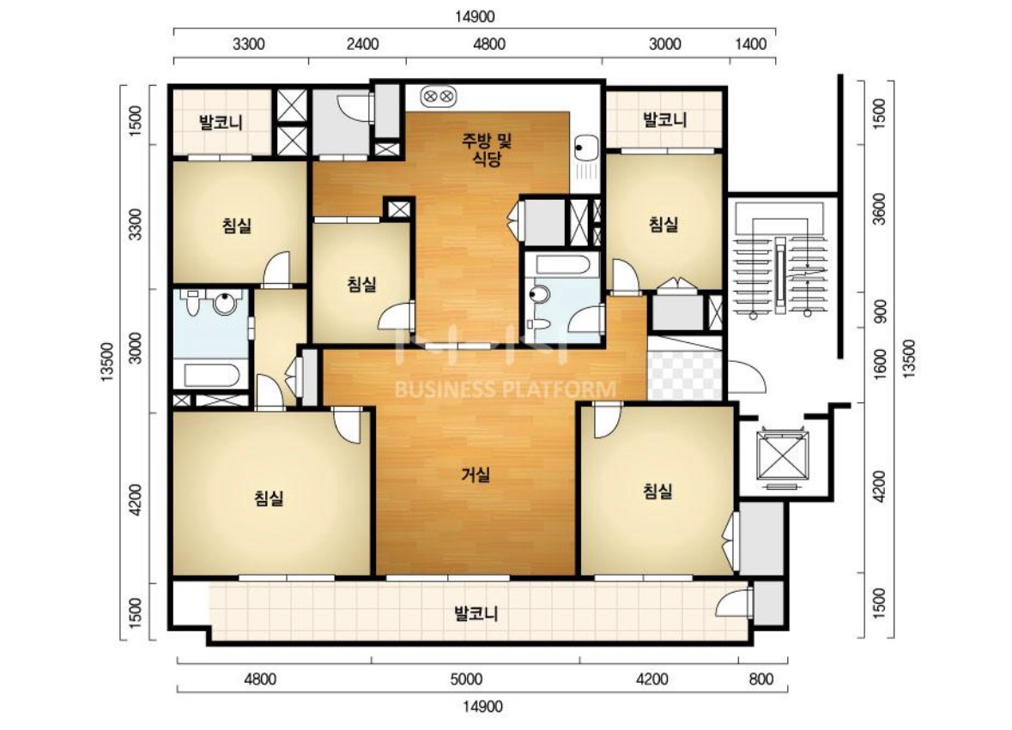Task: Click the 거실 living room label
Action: tap(476, 475)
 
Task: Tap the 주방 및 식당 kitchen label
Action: tap(487, 149)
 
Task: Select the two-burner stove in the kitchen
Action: tap(439, 98)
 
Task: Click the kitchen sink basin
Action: tap(585, 148)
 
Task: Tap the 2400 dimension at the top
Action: tap(362, 45)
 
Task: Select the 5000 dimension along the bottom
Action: tap(466, 679)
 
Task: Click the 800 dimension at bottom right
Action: tap(761, 679)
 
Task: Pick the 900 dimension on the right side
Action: tap(879, 311)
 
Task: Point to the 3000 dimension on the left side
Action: tap(135, 348)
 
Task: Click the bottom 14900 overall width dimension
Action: tap(482, 707)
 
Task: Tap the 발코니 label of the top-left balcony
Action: tap(221, 122)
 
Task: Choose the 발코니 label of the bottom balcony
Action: tap(476, 613)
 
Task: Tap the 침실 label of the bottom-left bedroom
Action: tap(270, 498)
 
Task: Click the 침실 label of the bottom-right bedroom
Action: tap(657, 492)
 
